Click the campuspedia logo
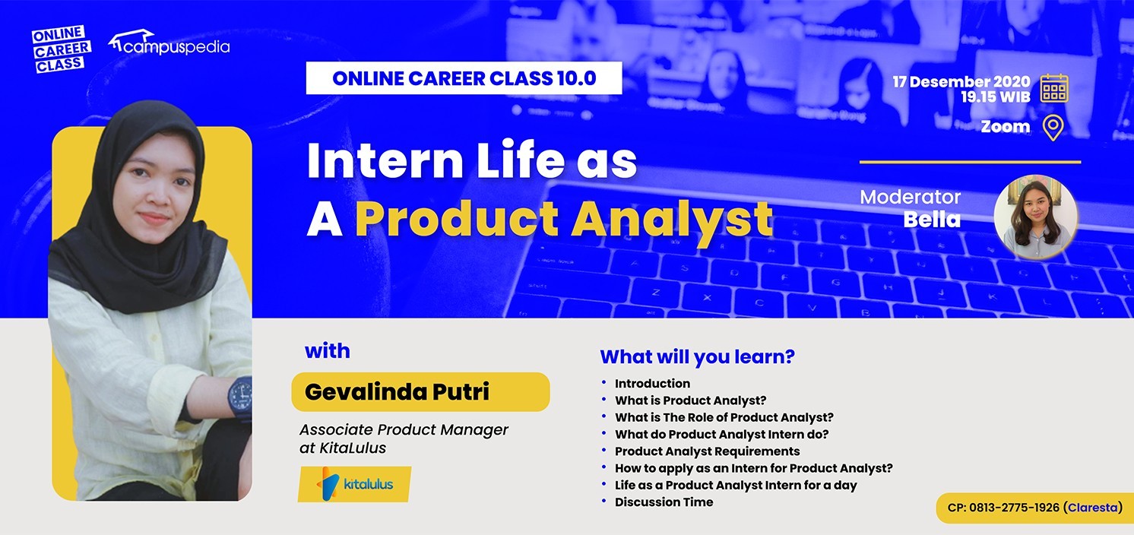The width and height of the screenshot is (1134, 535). tap(169, 43)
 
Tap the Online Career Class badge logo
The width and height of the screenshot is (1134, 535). tap(61, 49)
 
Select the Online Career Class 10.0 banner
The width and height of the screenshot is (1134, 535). tap(464, 78)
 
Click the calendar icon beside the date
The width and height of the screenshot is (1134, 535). tap(1054, 89)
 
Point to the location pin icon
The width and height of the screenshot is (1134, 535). tap(1053, 128)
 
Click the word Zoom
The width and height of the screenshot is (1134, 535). tap(1006, 127)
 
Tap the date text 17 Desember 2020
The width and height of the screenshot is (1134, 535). tap(961, 81)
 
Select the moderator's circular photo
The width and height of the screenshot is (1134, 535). tap(1035, 217)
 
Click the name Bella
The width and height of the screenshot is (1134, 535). tap(932, 220)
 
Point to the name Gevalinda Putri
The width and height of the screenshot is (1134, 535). tap(397, 392)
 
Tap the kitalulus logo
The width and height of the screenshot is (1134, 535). tap(354, 484)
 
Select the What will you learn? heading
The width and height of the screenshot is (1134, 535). tap(697, 357)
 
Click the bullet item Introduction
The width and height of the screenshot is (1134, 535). tap(652, 384)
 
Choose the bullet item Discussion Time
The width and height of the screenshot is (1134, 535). tap(664, 502)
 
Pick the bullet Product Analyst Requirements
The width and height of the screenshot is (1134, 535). tap(708, 451)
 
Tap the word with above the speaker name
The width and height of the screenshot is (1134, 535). tap(327, 351)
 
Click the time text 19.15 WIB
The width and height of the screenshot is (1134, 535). tap(996, 97)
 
